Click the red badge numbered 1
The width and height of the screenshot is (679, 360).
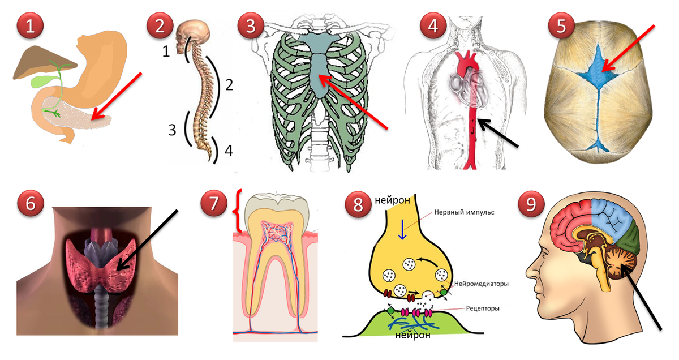pos(30,25)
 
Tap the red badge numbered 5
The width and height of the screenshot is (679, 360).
pos(561,25)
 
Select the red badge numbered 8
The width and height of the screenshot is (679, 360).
pos(358,204)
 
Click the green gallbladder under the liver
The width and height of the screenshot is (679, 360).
pos(39,82)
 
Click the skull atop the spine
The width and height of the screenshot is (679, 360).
pos(192,35)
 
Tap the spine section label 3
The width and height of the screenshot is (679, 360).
pos(172,130)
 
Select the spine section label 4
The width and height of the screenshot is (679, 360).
pos(229,151)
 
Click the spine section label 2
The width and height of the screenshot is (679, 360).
pos(229,85)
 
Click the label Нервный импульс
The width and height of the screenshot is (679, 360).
pos(464,212)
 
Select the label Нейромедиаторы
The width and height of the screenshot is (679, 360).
pos(482,284)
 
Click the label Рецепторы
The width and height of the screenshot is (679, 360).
pos(483,308)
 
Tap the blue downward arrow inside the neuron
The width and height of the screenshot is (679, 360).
pos(402,229)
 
